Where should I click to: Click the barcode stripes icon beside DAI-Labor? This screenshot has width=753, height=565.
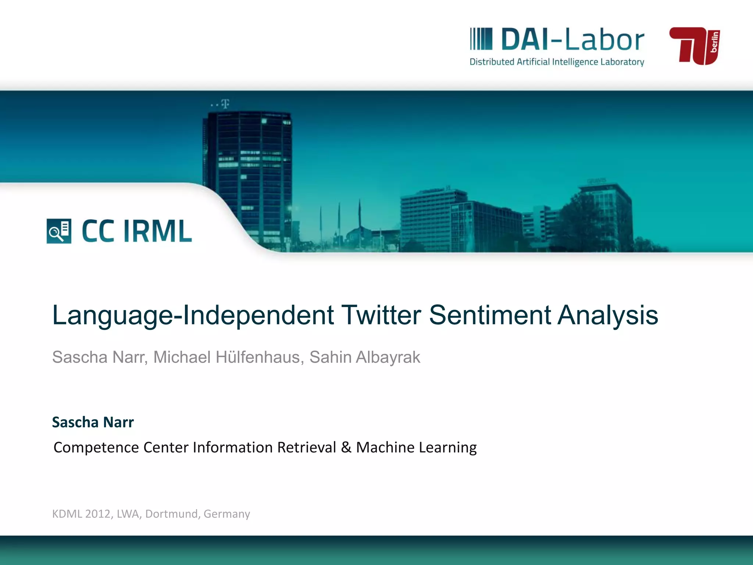(481, 39)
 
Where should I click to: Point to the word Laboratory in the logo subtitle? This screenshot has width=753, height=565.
(622, 62)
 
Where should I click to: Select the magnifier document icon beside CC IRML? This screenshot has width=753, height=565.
(59, 231)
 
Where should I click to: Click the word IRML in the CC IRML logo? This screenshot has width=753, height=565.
(158, 231)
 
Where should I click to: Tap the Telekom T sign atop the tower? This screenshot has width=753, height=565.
(225, 104)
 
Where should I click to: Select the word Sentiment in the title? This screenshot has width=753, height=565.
(490, 315)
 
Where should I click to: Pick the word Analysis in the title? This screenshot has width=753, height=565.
(608, 316)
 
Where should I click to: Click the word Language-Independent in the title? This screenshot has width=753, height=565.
(193, 316)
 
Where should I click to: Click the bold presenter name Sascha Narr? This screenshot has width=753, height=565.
(93, 422)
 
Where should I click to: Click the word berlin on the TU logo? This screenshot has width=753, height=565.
(714, 42)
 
